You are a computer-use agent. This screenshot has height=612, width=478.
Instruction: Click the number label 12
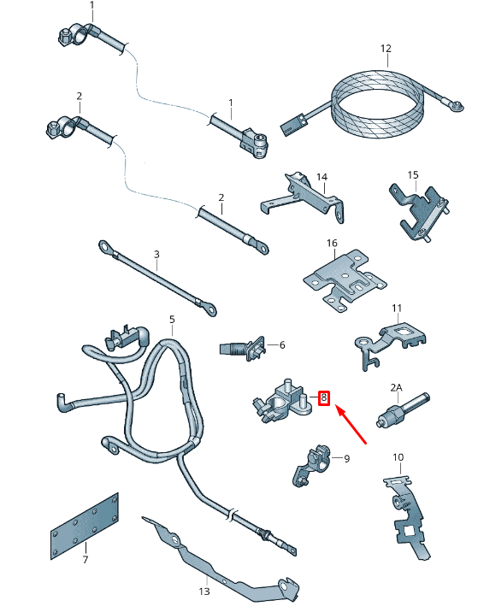point(385,49)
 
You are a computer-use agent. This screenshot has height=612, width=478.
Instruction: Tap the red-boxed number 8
point(323,397)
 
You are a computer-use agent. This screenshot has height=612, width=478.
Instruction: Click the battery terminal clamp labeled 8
point(282,402)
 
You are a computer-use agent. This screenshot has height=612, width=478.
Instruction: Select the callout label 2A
point(396,387)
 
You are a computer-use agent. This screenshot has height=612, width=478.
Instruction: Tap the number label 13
point(204,591)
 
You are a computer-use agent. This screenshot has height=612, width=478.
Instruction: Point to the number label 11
point(396,308)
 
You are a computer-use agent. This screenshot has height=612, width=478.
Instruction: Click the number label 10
point(398,458)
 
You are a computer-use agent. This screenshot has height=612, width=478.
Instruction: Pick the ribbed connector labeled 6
point(244,349)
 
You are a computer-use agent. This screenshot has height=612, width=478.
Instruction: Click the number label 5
point(171,320)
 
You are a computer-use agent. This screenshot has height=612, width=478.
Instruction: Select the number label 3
point(156,254)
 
